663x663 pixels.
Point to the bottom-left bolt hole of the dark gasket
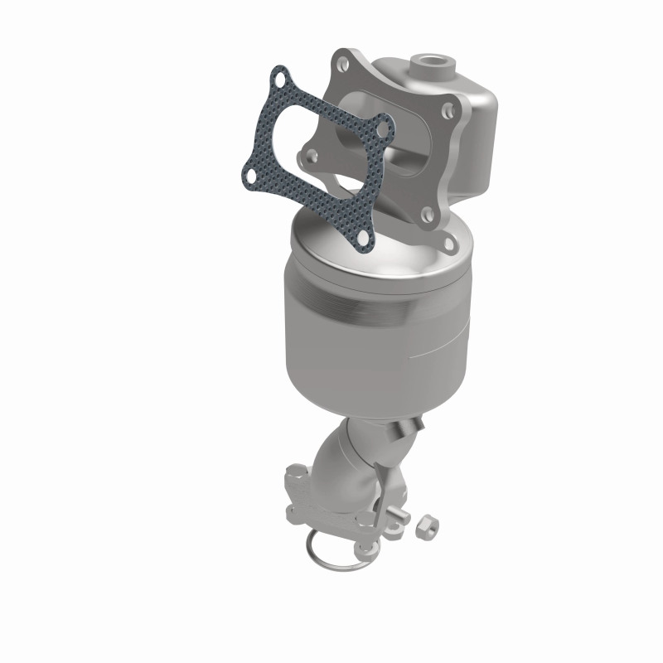[x=248, y=177]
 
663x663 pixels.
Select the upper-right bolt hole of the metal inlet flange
[x=448, y=109]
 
